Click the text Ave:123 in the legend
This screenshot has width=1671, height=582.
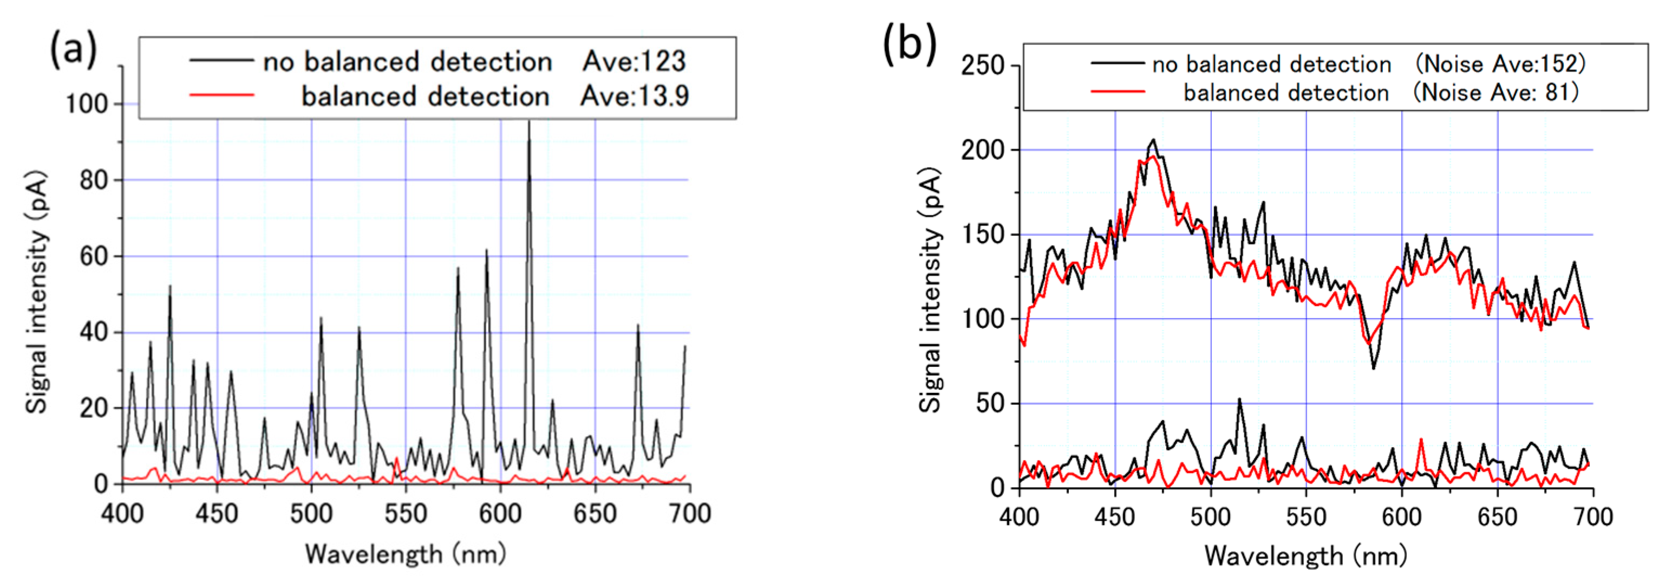(634, 62)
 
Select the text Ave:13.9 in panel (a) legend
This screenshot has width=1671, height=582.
(634, 96)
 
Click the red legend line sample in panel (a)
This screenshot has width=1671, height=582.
(222, 95)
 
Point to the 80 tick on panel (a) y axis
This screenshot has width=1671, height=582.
(94, 180)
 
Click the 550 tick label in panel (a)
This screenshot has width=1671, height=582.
(406, 514)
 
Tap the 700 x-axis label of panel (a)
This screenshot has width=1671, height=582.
(689, 514)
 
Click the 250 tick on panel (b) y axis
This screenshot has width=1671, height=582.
(982, 66)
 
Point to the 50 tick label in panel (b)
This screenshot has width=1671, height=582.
(990, 404)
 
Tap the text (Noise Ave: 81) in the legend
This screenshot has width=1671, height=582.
(1495, 92)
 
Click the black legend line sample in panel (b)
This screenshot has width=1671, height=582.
(1117, 63)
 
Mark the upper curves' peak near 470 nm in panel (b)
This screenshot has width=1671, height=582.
(1153, 140)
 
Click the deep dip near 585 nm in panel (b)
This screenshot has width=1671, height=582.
(1373, 368)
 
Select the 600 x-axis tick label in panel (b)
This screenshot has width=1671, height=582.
(1401, 517)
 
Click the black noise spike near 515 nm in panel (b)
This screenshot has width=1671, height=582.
(1239, 400)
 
